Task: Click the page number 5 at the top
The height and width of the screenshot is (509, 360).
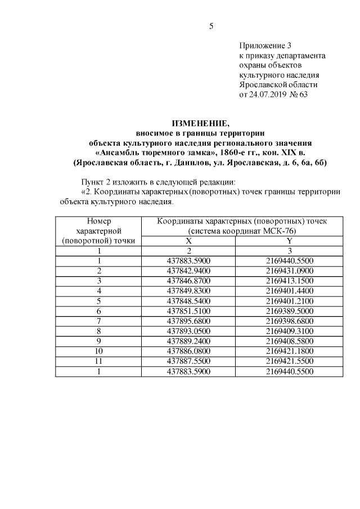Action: coord(211,26)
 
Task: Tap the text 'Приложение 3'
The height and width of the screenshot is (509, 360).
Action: coord(265,46)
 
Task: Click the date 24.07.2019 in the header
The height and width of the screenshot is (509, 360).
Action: coord(270,94)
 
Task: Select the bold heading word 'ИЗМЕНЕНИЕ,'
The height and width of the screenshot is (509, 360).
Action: coord(200,124)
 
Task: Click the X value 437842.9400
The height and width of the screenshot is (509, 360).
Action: coord(189,271)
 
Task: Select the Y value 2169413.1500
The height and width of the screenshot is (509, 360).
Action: coord(289,280)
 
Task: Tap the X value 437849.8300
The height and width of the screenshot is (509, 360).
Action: coord(189,290)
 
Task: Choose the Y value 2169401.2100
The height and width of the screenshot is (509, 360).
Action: coord(289,300)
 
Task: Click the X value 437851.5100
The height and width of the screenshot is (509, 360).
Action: coord(189,310)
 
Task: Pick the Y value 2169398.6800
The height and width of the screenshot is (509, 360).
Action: coord(289,320)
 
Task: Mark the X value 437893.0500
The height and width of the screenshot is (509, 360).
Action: coord(189,330)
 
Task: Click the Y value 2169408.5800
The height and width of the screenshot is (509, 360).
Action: coord(289,340)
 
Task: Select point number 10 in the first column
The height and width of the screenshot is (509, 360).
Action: coord(98,350)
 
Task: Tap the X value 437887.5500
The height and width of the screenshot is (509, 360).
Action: coord(189,361)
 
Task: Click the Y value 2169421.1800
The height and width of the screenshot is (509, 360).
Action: coord(289,350)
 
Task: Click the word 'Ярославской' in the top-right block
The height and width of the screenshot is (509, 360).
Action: coord(261,84)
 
